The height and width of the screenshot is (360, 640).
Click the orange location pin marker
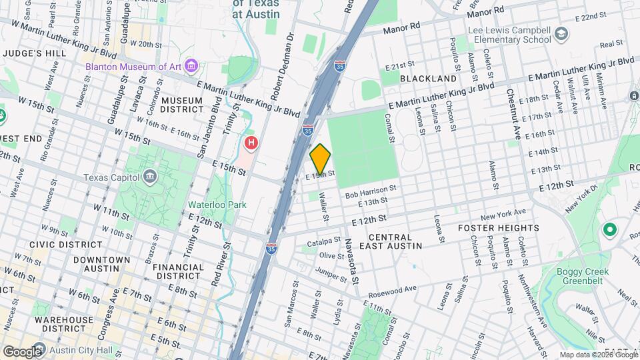point(321,159)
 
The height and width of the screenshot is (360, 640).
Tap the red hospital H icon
point(251,143)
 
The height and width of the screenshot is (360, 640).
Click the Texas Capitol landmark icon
point(149,177)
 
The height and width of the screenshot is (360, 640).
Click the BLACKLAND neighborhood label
point(427,79)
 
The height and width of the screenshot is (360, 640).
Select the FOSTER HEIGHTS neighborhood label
point(498,228)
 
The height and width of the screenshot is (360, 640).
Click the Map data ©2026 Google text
point(598,355)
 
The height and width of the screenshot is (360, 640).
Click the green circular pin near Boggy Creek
point(609,231)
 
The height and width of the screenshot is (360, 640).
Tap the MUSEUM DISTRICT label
point(181,105)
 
